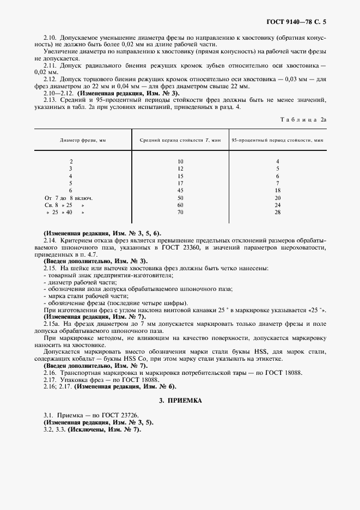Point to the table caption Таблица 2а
303,119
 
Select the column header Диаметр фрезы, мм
83,140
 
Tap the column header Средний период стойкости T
180,140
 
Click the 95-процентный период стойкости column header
277,140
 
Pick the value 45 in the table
180,190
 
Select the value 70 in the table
180,212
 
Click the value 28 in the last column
277,212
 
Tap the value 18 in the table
277,190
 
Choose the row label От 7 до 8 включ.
68,198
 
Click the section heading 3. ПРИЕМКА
180,400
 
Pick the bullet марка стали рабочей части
79,295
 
